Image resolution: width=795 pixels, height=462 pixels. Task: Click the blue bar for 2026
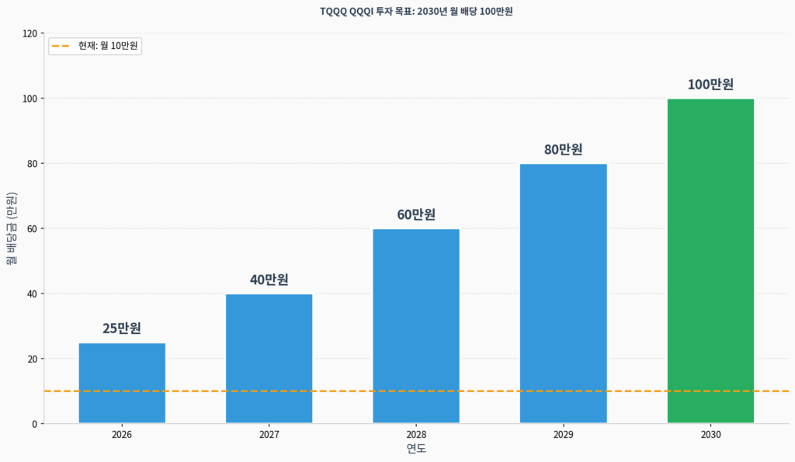pyautogui.click(x=122, y=383)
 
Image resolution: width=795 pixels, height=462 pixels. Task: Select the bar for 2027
pyautogui.click(x=269, y=359)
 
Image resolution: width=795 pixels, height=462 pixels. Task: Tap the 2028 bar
pyautogui.click(x=416, y=326)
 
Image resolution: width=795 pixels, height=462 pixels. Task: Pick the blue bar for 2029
pyautogui.click(x=564, y=294)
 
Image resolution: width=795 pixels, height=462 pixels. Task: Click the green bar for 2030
pyautogui.click(x=710, y=261)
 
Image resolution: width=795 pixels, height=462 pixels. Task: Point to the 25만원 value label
pyautogui.click(x=122, y=328)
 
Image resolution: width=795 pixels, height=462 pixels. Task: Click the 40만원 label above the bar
pyautogui.click(x=269, y=280)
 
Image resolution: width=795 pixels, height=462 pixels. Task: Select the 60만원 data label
pyautogui.click(x=416, y=214)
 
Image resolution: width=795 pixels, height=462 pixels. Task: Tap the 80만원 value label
pyautogui.click(x=564, y=149)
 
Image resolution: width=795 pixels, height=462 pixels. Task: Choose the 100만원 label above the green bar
pyautogui.click(x=710, y=85)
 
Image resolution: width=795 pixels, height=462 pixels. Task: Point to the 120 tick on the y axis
pyautogui.click(x=30, y=33)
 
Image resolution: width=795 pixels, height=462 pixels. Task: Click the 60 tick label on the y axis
pyautogui.click(x=32, y=228)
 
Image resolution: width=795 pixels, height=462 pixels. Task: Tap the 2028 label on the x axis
pyautogui.click(x=416, y=436)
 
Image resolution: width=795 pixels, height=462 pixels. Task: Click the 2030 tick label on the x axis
pyautogui.click(x=710, y=436)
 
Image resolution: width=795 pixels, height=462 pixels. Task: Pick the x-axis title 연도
pyautogui.click(x=416, y=449)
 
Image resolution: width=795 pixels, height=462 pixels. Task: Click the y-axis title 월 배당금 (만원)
pyautogui.click(x=12, y=228)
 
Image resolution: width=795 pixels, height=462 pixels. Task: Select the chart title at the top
pyautogui.click(x=416, y=11)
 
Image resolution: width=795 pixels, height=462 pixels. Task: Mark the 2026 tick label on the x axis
pyautogui.click(x=122, y=436)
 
